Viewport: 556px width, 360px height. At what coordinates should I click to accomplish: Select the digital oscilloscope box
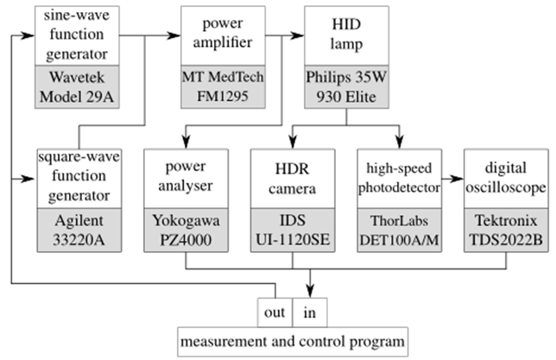505,179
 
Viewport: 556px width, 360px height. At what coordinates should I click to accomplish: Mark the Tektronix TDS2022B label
505,231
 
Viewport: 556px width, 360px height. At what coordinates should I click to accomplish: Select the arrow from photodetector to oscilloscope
452,183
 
